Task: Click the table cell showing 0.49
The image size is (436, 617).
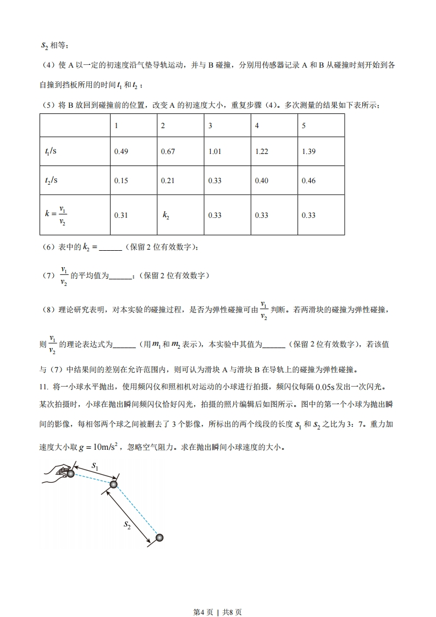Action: point(120,152)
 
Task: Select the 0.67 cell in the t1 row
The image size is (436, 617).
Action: point(167,152)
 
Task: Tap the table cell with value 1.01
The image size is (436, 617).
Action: point(214,152)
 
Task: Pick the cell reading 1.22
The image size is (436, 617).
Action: point(261,152)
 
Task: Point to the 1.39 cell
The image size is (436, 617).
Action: point(308,152)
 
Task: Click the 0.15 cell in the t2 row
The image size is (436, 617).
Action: point(120,181)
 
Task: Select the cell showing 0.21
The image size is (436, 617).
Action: point(167,181)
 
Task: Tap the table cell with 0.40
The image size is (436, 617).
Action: point(261,181)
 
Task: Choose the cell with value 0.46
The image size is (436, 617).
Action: point(308,181)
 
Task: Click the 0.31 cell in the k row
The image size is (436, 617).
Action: point(120,215)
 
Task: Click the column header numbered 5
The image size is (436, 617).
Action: point(304,126)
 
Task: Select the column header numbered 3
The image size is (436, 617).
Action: point(210,126)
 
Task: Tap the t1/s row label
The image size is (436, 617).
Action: point(51,152)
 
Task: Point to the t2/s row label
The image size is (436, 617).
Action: point(51,181)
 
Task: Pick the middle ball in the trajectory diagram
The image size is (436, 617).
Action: point(114,484)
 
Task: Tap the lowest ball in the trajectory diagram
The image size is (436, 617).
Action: point(159,537)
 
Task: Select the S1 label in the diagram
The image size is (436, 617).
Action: point(95,466)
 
